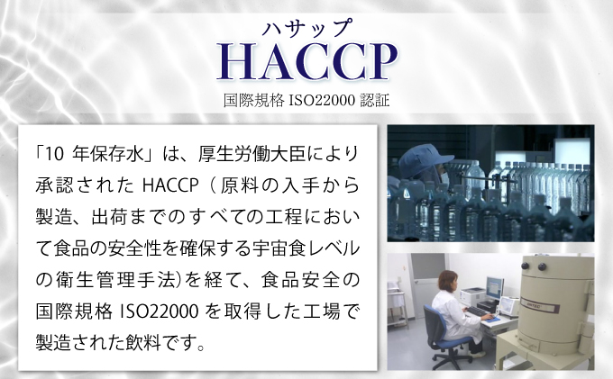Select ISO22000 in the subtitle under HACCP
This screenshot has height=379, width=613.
(315, 99)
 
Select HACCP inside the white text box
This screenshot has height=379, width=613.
(169, 186)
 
